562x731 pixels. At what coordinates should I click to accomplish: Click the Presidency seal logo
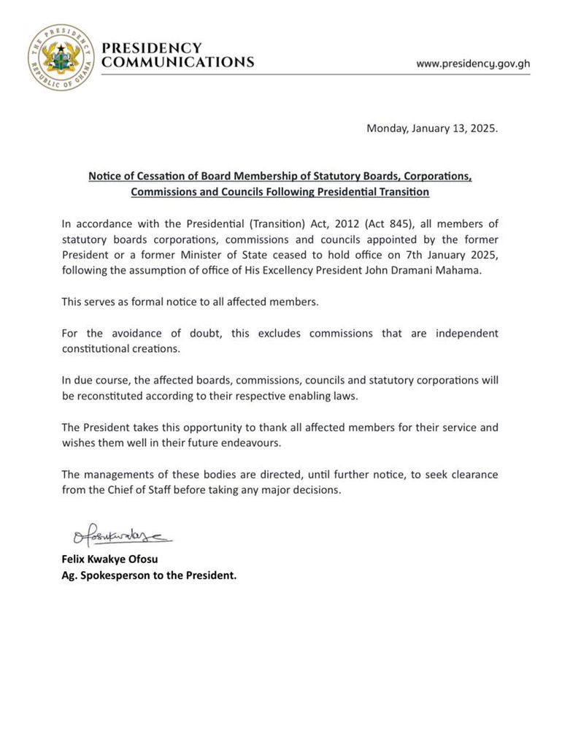click(61, 57)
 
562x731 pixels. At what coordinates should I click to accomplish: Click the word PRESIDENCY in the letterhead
click(151, 47)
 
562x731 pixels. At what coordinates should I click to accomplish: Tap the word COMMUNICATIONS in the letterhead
click(177, 62)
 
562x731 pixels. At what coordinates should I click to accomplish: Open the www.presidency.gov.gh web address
click(473, 64)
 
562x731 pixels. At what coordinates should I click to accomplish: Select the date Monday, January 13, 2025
click(432, 129)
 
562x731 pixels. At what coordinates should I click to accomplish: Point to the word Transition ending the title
click(402, 192)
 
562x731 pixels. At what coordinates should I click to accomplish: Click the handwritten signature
click(120, 538)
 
